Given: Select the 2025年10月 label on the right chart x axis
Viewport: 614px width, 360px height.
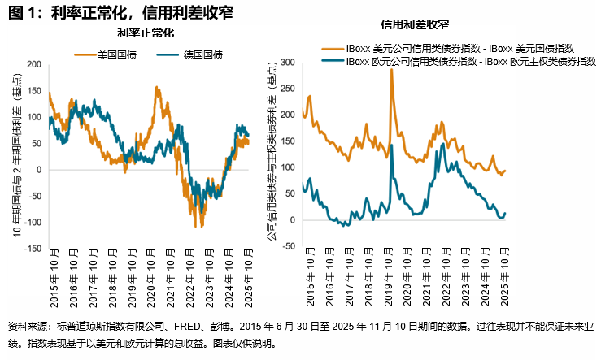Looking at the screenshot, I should pyautogui.click(x=503, y=281).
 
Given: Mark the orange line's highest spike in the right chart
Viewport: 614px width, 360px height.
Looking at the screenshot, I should pyautogui.click(x=391, y=70).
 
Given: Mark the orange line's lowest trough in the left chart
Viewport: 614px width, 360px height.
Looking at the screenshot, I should pyautogui.click(x=198, y=227).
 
